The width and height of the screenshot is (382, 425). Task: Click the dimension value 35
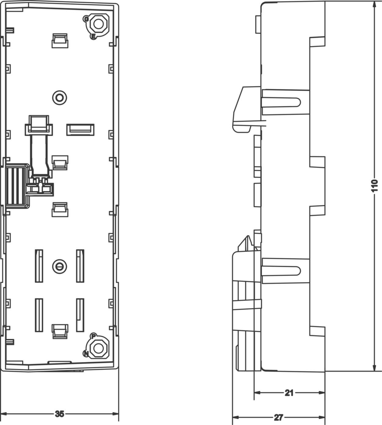click(x=60, y=414)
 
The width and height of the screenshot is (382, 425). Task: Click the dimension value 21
click(x=289, y=393)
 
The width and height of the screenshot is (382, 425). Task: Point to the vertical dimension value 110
click(x=374, y=186)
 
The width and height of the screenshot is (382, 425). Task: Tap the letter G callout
click(x=86, y=19)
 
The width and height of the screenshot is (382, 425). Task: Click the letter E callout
click(x=93, y=37)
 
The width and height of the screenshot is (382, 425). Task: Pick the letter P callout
click(x=94, y=336)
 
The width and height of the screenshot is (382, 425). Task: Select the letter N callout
click(x=86, y=354)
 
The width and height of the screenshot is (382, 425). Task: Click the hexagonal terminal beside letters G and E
click(x=98, y=24)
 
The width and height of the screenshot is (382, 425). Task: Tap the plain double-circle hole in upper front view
click(x=60, y=98)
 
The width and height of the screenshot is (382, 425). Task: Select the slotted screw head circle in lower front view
click(x=60, y=267)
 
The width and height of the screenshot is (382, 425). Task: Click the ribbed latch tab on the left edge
click(x=15, y=186)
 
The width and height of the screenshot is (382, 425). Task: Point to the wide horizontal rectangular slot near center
click(x=80, y=130)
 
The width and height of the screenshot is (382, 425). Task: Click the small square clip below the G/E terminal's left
click(x=60, y=41)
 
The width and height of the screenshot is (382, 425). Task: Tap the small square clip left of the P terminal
click(x=60, y=331)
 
